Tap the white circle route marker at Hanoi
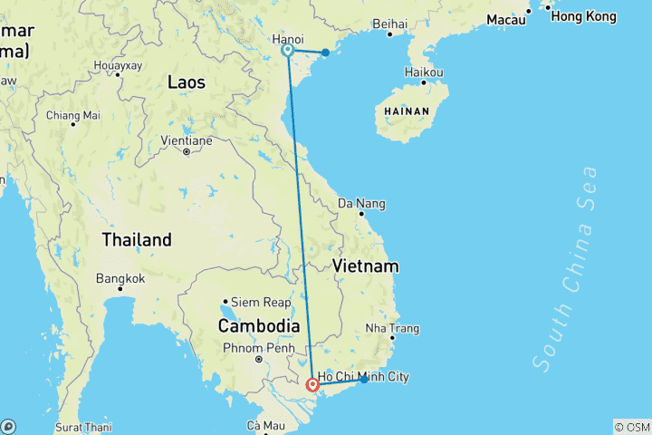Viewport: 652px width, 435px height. pos(287,51)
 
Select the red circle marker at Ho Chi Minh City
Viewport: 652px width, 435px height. pos(313,384)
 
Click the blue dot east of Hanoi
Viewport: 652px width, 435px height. pos(325,53)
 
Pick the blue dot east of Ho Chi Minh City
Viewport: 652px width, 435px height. pos(364,380)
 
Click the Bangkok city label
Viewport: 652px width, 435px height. pos(120,277)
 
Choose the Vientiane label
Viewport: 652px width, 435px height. pos(186,140)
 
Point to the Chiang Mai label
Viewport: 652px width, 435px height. pos(72,115)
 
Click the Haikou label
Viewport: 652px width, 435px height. pos(424,72)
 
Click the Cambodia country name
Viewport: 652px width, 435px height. pos(259,325)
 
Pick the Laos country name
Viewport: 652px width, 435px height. pos(187,82)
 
